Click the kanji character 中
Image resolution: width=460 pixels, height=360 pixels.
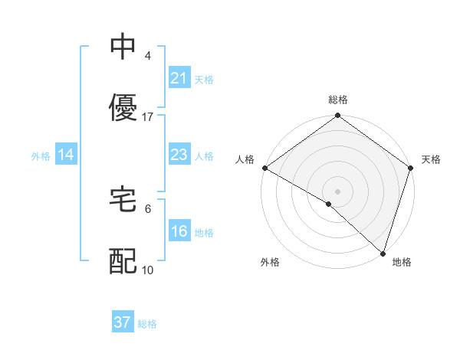tap(123, 47)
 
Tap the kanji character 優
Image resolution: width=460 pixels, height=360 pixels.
tap(123, 108)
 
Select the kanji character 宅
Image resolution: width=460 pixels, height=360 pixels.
tap(123, 200)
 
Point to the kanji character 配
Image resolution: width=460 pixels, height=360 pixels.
tap(123, 261)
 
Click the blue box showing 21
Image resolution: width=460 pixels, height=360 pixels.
tap(179, 78)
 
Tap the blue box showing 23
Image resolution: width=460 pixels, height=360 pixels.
tap(179, 155)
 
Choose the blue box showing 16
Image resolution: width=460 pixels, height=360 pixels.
tap(179, 232)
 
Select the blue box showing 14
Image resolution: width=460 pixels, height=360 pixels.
tap(66, 155)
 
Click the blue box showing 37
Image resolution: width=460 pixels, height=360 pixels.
tap(123, 322)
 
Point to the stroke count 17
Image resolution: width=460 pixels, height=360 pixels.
tap(148, 117)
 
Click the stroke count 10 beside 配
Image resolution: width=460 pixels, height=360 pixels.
tap(148, 270)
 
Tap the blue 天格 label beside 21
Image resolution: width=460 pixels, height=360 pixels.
tap(204, 79)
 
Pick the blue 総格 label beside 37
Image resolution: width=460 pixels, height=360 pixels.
tap(147, 323)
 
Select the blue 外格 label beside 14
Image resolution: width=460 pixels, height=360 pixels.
tap(41, 156)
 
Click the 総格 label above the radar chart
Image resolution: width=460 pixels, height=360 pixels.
tap(338, 100)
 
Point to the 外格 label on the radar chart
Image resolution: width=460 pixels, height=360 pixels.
tap(270, 262)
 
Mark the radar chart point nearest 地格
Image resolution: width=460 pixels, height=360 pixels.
tap(383, 253)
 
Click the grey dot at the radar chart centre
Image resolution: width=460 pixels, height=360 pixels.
tap(338, 191)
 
